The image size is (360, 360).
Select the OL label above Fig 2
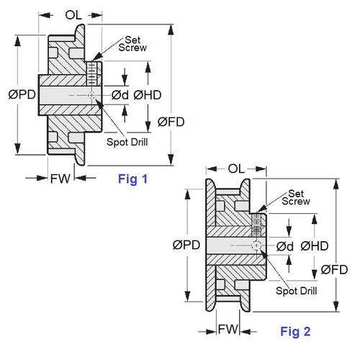237,168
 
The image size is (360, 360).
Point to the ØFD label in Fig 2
335,270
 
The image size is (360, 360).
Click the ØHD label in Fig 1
147,95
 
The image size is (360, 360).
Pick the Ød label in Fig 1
120,95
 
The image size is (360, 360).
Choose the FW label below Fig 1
60,179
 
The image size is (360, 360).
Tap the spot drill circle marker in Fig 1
91,95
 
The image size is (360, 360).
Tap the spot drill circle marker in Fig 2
256,246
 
